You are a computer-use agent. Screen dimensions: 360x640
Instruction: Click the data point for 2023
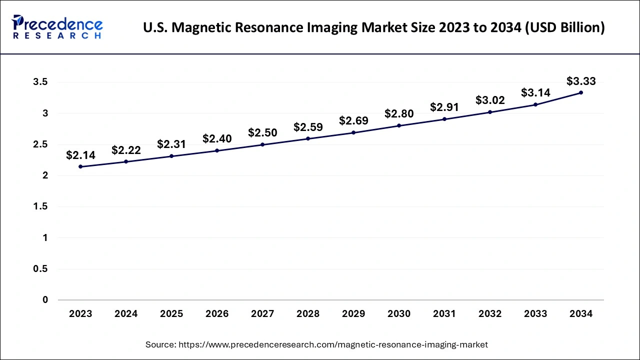(x=80, y=166)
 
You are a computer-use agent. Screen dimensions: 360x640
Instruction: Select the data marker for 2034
(x=581, y=92)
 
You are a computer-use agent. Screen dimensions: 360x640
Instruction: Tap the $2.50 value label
(x=262, y=132)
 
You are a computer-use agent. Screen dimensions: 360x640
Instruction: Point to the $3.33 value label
(x=581, y=80)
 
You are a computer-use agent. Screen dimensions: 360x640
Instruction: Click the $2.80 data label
(x=399, y=114)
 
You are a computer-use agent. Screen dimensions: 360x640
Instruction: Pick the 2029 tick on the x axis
(x=353, y=314)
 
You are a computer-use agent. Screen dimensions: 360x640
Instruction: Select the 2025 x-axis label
(x=171, y=314)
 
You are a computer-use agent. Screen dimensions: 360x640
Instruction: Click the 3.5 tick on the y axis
(x=41, y=82)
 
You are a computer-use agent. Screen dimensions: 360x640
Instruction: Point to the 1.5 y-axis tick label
(x=41, y=207)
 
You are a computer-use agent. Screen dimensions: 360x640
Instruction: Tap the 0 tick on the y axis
(x=45, y=300)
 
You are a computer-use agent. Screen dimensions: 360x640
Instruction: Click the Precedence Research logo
(x=57, y=27)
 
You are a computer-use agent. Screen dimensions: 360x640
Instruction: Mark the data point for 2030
(x=399, y=125)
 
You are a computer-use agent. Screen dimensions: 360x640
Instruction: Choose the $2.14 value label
(x=80, y=155)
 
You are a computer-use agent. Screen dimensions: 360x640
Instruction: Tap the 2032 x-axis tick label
(x=490, y=314)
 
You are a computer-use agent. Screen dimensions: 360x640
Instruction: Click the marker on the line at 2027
(x=262, y=144)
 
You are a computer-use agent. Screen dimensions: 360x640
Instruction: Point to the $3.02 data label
(x=490, y=100)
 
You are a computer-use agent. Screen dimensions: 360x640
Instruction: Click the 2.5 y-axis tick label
(x=41, y=144)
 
